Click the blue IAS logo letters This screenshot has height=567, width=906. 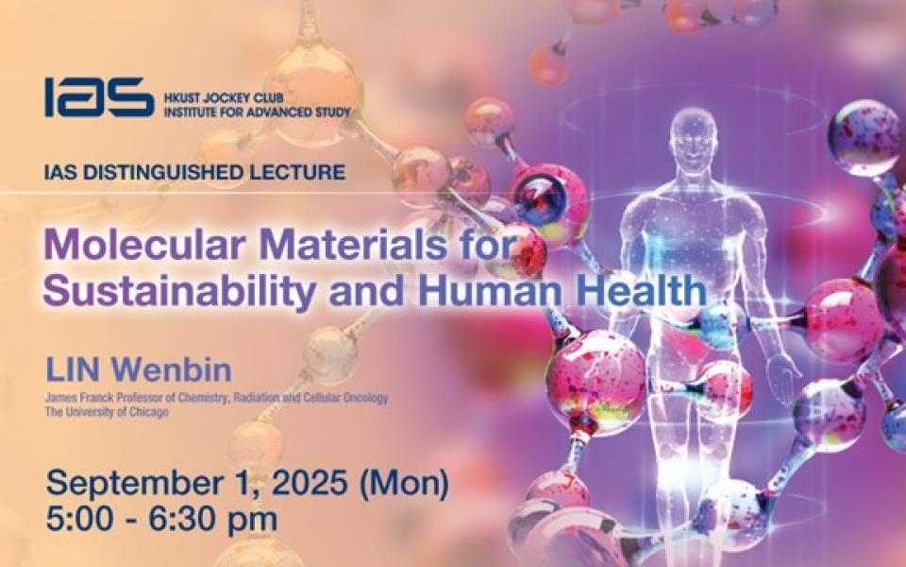pos(99,97)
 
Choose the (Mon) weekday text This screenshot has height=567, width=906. pos(404,483)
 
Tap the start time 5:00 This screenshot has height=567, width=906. pos(79,520)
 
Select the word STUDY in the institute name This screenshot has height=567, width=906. pos(330,112)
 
